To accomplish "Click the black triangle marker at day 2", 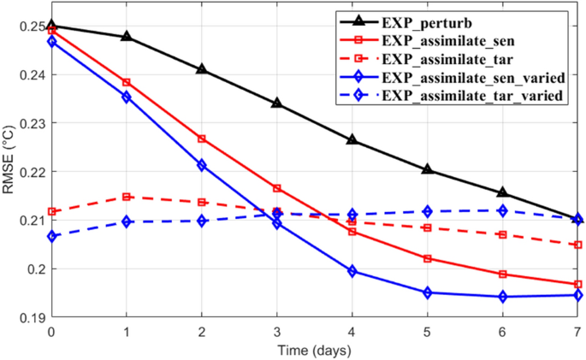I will tap(202, 69).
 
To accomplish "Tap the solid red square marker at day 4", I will tap(352, 232).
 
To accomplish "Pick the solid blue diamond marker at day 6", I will tap(502, 297).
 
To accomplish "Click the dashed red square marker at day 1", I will tap(127, 197).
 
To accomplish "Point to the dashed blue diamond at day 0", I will tap(51, 236).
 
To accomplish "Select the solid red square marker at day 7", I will tap(577, 284).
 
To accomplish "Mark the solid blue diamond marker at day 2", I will tap(202, 165).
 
